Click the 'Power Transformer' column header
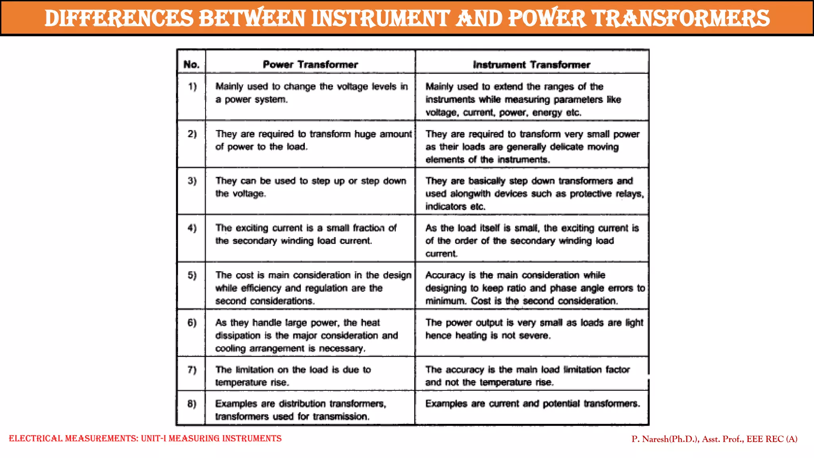point(310,64)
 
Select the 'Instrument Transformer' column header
point(531,65)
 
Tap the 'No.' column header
point(191,64)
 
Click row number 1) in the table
point(192,87)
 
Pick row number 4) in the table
point(192,228)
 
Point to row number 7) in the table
point(192,370)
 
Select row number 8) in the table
point(192,404)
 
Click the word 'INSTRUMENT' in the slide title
point(380,19)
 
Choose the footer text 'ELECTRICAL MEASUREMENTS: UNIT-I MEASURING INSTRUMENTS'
point(145,439)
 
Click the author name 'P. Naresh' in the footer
point(650,439)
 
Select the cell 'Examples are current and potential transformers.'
point(533,404)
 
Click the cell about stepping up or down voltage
point(310,187)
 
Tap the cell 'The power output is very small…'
point(534,329)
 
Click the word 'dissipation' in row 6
point(238,336)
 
